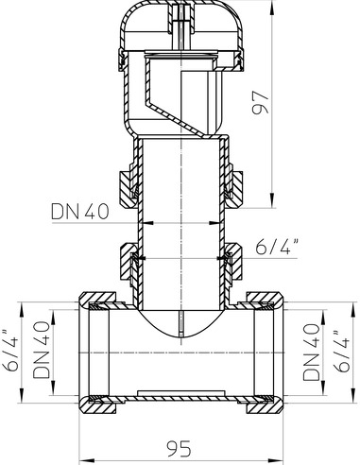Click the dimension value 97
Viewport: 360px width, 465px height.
pyautogui.click(x=261, y=103)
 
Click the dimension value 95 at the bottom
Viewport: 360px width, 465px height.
pyautogui.click(x=179, y=448)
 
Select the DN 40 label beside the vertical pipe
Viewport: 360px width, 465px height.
pyautogui.click(x=80, y=212)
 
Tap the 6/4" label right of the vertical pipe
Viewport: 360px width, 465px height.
pyautogui.click(x=277, y=247)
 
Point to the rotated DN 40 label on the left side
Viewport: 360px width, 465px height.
pyautogui.click(x=42, y=350)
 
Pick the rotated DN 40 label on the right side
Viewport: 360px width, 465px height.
pyautogui.click(x=311, y=352)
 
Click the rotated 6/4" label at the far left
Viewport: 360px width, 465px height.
pyautogui.click(x=10, y=351)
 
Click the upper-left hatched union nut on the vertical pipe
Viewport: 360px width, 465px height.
pyautogui.click(x=128, y=188)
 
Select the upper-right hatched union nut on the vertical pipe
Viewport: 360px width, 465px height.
pyautogui.click(x=234, y=188)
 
